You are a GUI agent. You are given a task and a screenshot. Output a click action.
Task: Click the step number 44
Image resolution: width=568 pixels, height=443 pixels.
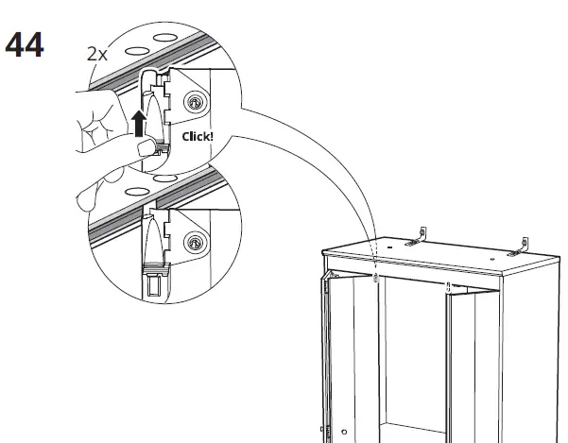(x=26, y=44)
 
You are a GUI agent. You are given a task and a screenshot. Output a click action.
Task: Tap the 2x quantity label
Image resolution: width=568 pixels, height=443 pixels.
(x=96, y=54)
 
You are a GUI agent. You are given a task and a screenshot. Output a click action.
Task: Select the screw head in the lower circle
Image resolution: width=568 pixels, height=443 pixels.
(x=196, y=244)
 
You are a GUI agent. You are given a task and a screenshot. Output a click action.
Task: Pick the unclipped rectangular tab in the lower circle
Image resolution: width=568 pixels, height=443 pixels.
(x=155, y=283)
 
